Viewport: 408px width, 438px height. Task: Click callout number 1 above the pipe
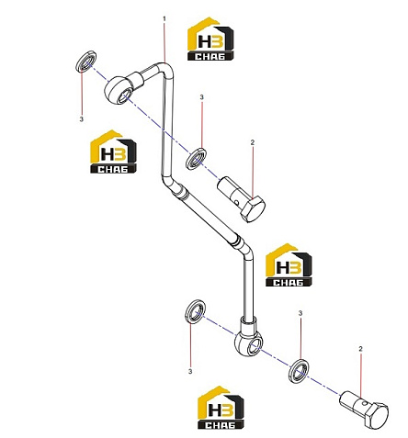tap(164, 19)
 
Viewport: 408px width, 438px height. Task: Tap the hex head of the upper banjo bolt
tap(253, 209)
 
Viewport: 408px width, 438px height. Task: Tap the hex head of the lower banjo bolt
tap(377, 415)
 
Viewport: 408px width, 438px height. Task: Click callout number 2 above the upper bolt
tap(253, 142)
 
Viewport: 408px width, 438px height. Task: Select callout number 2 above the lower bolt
tap(360, 349)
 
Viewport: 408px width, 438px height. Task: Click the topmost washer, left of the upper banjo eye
tap(86, 62)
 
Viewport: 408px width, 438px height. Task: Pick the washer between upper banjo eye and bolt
tap(196, 159)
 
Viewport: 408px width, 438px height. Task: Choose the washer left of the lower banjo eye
tap(196, 311)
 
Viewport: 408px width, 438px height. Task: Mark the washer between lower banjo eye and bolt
tap(299, 371)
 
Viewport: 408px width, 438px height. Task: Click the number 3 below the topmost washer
tap(81, 119)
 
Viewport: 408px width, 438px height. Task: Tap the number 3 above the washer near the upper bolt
tap(201, 97)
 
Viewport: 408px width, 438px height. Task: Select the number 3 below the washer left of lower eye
tap(190, 371)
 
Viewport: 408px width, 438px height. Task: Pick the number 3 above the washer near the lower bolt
tap(300, 313)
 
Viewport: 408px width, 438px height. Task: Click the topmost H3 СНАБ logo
tap(210, 39)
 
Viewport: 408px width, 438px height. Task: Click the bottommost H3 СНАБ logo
tap(221, 407)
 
